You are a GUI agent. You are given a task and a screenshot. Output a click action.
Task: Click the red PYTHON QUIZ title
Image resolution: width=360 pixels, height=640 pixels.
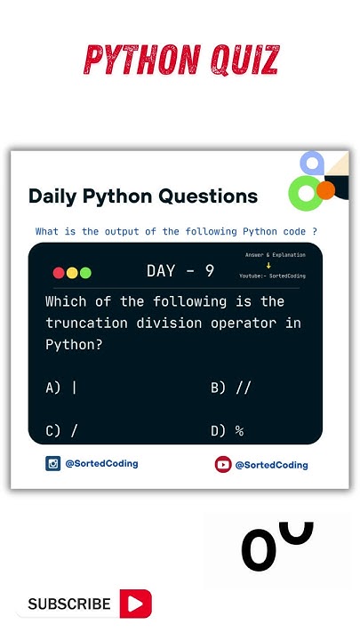pyautogui.click(x=180, y=60)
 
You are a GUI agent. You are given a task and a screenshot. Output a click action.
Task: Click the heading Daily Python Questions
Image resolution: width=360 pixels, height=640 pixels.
pyautogui.click(x=143, y=196)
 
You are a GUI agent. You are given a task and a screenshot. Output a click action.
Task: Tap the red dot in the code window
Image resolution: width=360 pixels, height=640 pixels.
pyautogui.click(x=59, y=273)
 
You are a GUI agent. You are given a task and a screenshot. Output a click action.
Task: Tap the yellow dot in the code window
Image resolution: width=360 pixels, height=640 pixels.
pyautogui.click(x=72, y=273)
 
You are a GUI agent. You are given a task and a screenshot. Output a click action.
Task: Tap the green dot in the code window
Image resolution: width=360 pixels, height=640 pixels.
pyautogui.click(x=85, y=273)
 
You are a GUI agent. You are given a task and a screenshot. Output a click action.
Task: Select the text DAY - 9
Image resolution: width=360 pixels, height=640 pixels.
pyautogui.click(x=180, y=271)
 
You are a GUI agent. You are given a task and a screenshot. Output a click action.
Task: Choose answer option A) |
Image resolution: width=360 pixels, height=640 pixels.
pyautogui.click(x=61, y=388)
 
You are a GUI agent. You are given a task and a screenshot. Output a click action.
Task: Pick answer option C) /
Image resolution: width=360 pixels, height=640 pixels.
pyautogui.click(x=61, y=431)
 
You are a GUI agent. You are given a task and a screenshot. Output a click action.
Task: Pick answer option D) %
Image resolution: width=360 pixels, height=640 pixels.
pyautogui.click(x=228, y=431)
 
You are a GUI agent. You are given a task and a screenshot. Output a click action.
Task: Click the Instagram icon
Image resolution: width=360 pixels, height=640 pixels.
pyautogui.click(x=53, y=463)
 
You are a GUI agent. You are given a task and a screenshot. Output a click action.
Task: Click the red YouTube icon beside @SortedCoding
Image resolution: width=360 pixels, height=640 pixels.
pyautogui.click(x=223, y=464)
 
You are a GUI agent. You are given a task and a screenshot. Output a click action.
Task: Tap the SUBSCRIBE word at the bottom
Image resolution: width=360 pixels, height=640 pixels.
pyautogui.click(x=69, y=604)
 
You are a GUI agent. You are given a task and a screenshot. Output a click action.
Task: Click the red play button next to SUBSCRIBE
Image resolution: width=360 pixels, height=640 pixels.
pyautogui.click(x=136, y=604)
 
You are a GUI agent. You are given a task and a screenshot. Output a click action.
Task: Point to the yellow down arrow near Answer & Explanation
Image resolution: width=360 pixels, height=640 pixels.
pyautogui.click(x=269, y=265)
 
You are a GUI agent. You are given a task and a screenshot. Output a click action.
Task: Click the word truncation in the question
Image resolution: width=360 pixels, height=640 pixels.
pyautogui.click(x=86, y=323)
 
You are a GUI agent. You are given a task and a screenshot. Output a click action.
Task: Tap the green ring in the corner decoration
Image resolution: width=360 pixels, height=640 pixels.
pyautogui.click(x=306, y=193)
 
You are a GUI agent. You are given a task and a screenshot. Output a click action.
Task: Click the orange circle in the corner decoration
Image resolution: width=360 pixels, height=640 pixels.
pyautogui.click(x=326, y=189)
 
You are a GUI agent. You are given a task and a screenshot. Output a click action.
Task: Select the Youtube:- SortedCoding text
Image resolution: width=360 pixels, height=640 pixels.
pyautogui.click(x=272, y=276)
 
